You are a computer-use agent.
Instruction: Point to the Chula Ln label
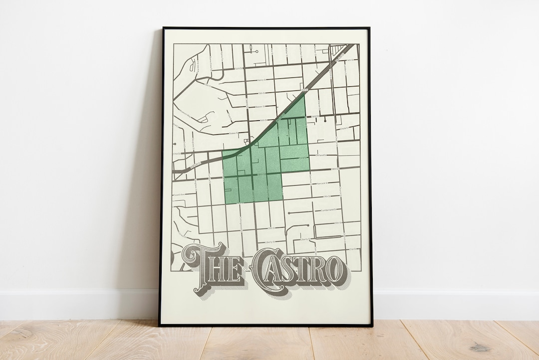pyautogui.click(x=344, y=128)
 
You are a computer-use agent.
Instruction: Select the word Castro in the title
pyautogui.click(x=298, y=270)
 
